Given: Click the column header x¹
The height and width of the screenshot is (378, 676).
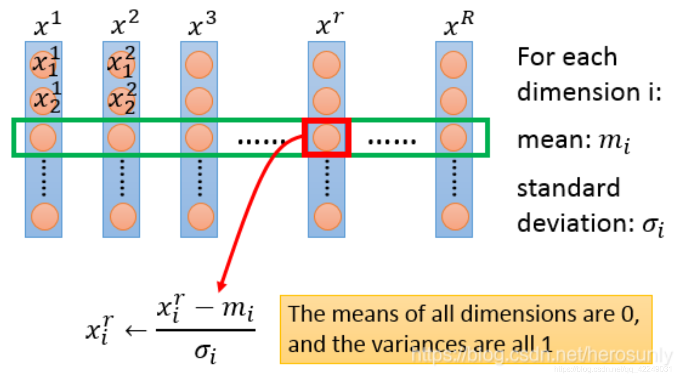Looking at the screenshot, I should pyautogui.click(x=47, y=24).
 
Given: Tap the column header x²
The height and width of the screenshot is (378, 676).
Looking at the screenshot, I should pyautogui.click(x=125, y=24).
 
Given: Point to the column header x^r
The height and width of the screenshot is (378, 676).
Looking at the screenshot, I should pyautogui.click(x=329, y=24).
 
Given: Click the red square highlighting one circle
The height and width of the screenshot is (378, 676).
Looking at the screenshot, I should pyautogui.click(x=326, y=137).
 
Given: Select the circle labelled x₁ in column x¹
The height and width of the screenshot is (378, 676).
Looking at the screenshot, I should pyautogui.click(x=44, y=64).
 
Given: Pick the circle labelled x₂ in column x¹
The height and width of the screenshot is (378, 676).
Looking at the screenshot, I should pyautogui.click(x=44, y=101).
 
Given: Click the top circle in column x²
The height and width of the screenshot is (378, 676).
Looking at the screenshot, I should pyautogui.click(x=121, y=64).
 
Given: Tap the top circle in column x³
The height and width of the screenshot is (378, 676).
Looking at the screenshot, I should pyautogui.click(x=199, y=64).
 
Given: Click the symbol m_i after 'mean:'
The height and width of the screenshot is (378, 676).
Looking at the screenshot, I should pyautogui.click(x=615, y=142).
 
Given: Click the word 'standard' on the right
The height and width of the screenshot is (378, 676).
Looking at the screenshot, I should pyautogui.click(x=568, y=188).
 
